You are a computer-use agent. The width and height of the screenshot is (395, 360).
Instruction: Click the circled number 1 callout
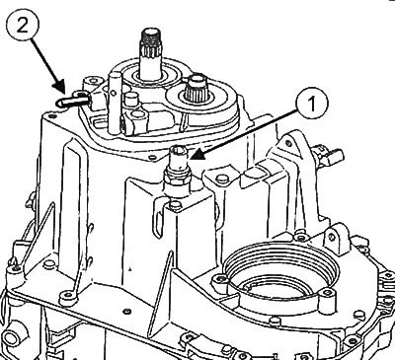311,104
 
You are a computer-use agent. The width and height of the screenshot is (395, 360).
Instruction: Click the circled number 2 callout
23,25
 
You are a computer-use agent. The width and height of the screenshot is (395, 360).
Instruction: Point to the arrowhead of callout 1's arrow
197,155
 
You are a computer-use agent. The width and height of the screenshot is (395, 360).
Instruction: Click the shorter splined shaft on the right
197,88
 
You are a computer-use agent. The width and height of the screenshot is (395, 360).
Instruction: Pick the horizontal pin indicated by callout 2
71,100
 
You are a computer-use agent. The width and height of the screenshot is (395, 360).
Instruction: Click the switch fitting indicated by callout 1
177,171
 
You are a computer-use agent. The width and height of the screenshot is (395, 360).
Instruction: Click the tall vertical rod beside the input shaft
114,103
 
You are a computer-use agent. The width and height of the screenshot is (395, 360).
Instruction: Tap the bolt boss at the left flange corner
15,269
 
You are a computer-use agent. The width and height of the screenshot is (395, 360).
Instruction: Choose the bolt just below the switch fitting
176,205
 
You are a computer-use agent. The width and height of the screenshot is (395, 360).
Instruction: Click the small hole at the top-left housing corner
50,115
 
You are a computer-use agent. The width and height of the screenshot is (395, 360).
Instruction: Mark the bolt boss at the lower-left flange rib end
68,296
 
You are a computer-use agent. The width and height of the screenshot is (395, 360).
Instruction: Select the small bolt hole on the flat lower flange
126,311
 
